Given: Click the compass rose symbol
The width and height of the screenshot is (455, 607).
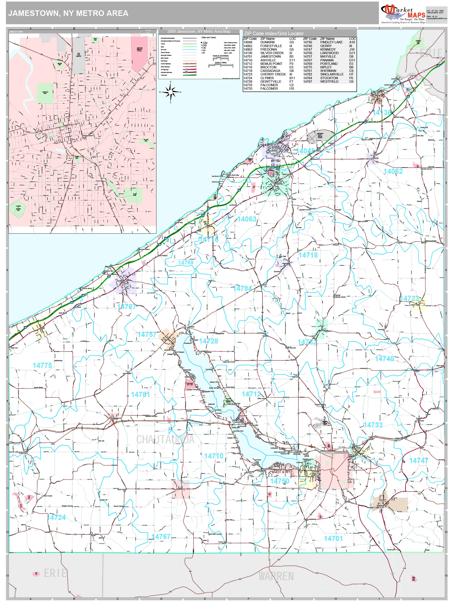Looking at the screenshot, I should [170, 92].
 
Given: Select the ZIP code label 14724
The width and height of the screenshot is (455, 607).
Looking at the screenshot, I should [56, 518].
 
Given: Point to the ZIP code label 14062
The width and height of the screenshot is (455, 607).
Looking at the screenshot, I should [393, 171].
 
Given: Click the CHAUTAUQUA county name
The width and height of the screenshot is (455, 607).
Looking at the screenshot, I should [165, 439].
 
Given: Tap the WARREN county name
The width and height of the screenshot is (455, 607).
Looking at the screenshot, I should [276, 576].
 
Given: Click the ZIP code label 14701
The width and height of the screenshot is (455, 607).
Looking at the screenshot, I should [333, 539].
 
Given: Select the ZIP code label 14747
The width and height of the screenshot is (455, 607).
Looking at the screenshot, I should [418, 461].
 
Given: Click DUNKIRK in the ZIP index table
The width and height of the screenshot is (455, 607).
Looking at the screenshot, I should [267, 42].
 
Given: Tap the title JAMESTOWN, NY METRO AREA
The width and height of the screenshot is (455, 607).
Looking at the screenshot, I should [68, 13].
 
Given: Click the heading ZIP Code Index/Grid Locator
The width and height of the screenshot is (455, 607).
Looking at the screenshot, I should [274, 33].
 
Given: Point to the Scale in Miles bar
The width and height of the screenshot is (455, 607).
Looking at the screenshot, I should [221, 66].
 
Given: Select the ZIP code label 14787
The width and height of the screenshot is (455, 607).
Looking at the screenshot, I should [126, 307].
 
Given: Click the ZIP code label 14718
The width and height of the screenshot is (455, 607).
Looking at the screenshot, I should [308, 255].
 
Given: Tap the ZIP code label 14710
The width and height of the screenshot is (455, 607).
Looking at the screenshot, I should [214, 456].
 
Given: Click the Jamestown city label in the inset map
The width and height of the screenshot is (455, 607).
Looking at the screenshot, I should [88, 136].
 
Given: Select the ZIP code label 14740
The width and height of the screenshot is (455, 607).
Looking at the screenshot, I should [384, 359].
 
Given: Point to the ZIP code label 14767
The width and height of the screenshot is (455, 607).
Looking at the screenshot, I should [161, 537].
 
